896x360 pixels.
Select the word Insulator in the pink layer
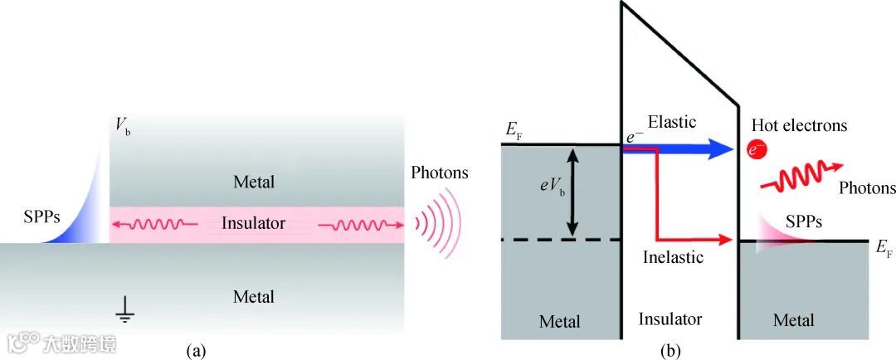(x=253, y=223)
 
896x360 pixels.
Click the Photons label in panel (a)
(x=439, y=173)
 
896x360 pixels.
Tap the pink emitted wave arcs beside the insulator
(x=436, y=224)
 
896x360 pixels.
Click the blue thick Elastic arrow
(x=680, y=149)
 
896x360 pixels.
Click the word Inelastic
(x=673, y=257)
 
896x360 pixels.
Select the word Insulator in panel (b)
(x=670, y=319)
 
